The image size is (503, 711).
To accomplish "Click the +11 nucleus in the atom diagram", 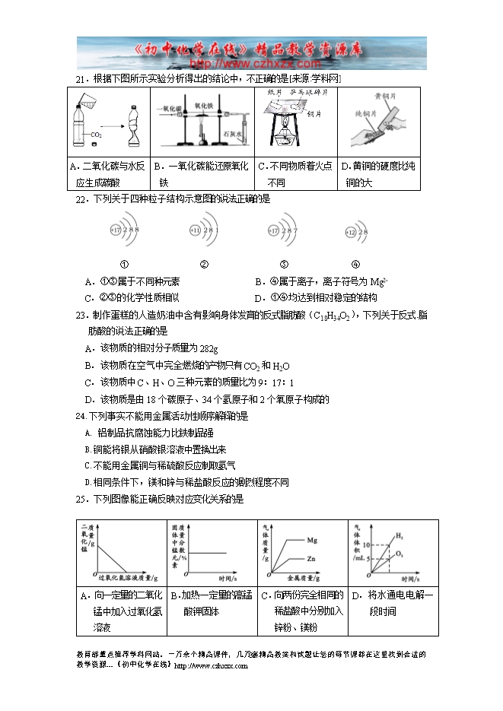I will (195, 230).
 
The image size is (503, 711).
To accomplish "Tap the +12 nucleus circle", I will (351, 231).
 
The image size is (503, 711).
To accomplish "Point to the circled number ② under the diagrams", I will (203, 264).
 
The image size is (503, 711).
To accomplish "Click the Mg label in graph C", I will (312, 540).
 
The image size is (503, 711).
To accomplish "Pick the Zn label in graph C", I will (311, 558).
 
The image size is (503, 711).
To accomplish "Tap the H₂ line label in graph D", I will (400, 536).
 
